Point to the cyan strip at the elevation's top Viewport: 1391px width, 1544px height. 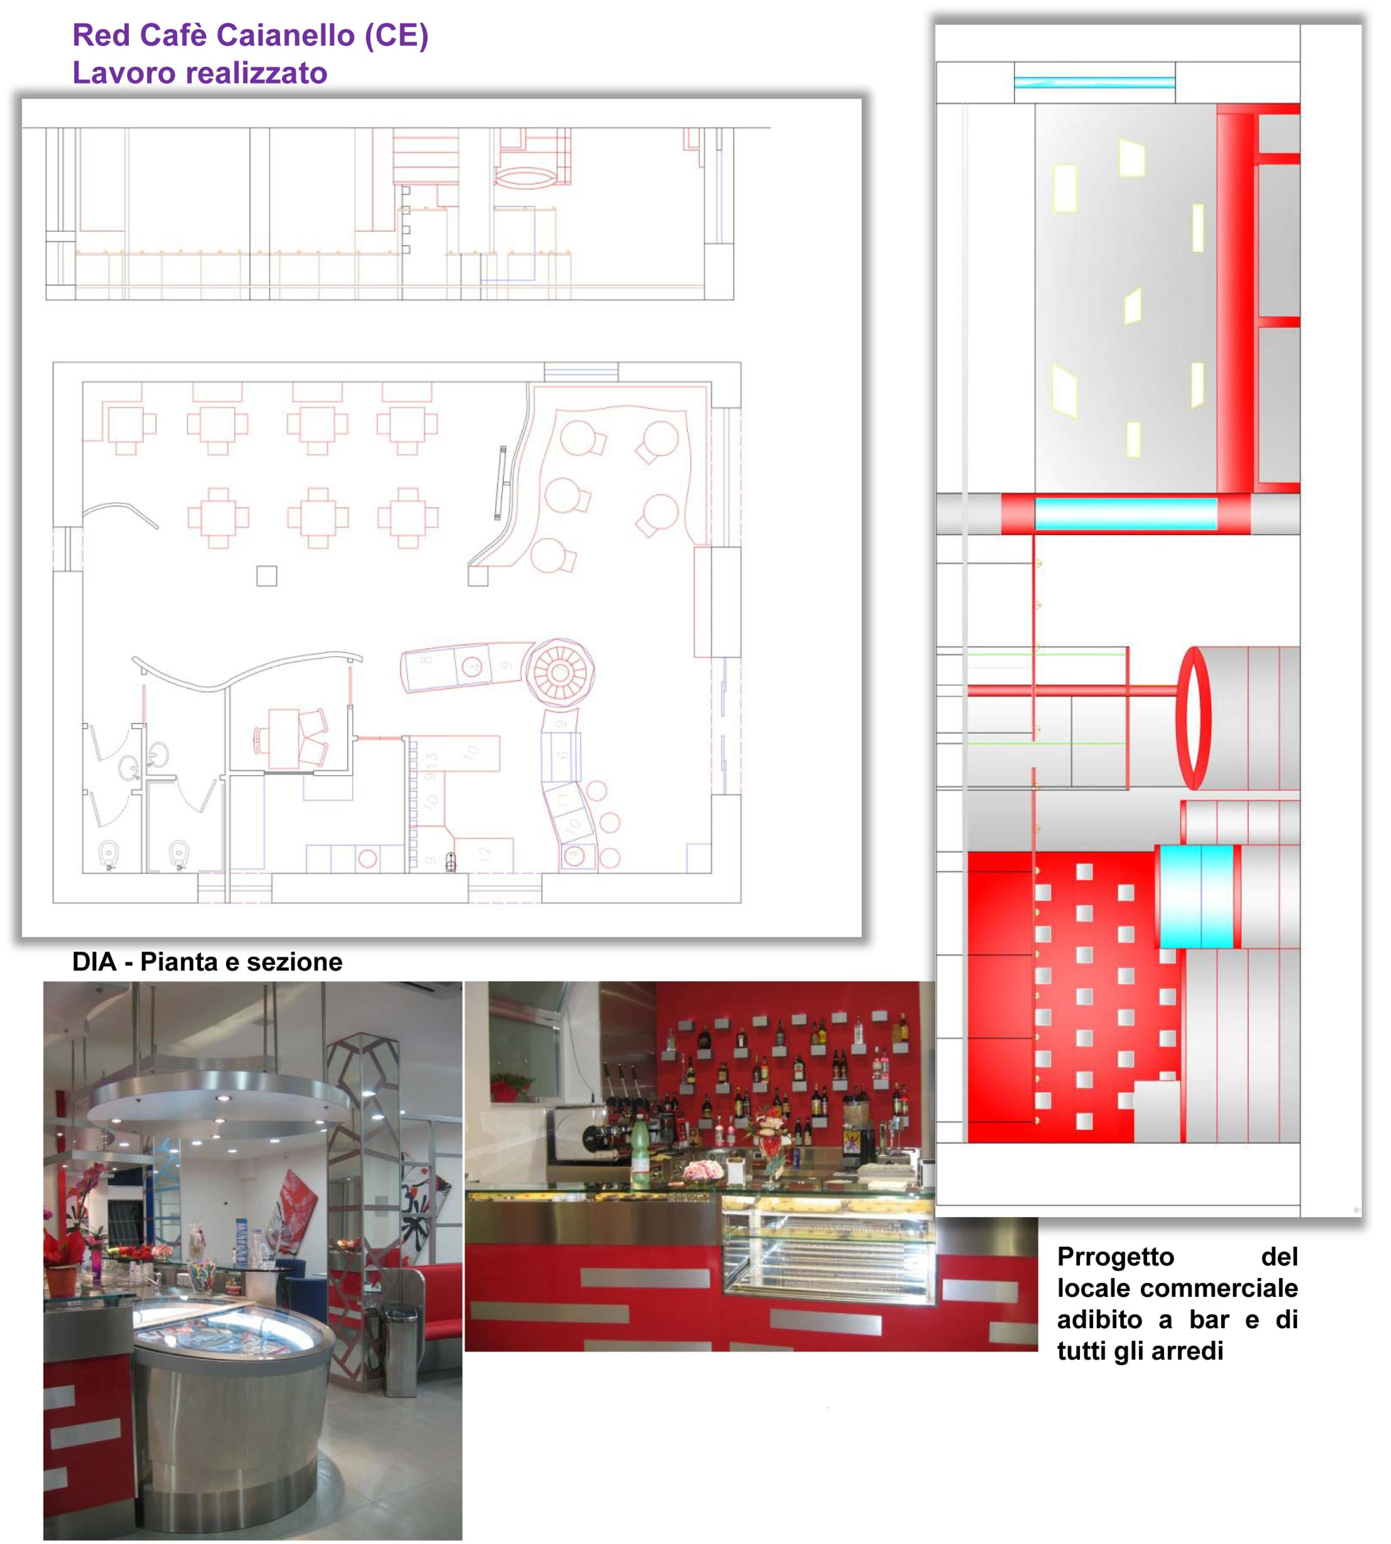click(1094, 83)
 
